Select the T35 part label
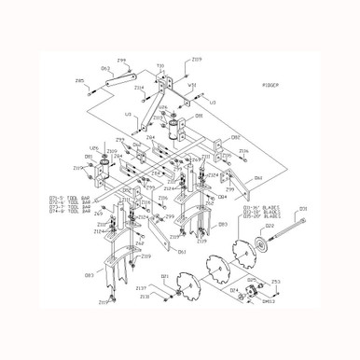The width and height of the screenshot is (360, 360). [160, 66]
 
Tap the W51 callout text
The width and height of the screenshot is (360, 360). [193, 88]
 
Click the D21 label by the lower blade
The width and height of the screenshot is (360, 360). [164, 276]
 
